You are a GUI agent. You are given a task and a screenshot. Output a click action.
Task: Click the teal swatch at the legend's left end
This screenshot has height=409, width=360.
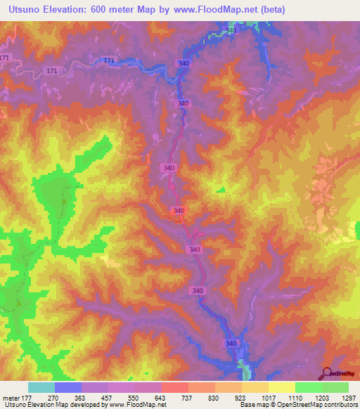tap(41, 387)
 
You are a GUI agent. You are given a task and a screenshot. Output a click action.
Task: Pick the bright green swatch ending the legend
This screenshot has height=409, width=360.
tap(335, 387)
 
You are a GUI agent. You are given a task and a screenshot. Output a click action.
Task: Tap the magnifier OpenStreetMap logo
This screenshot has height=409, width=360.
tap(328, 373)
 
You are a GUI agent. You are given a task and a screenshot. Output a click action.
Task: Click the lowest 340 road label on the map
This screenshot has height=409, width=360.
tap(231, 343)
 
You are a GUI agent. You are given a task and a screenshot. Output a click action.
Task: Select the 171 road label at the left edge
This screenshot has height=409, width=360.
tap(6, 56)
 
